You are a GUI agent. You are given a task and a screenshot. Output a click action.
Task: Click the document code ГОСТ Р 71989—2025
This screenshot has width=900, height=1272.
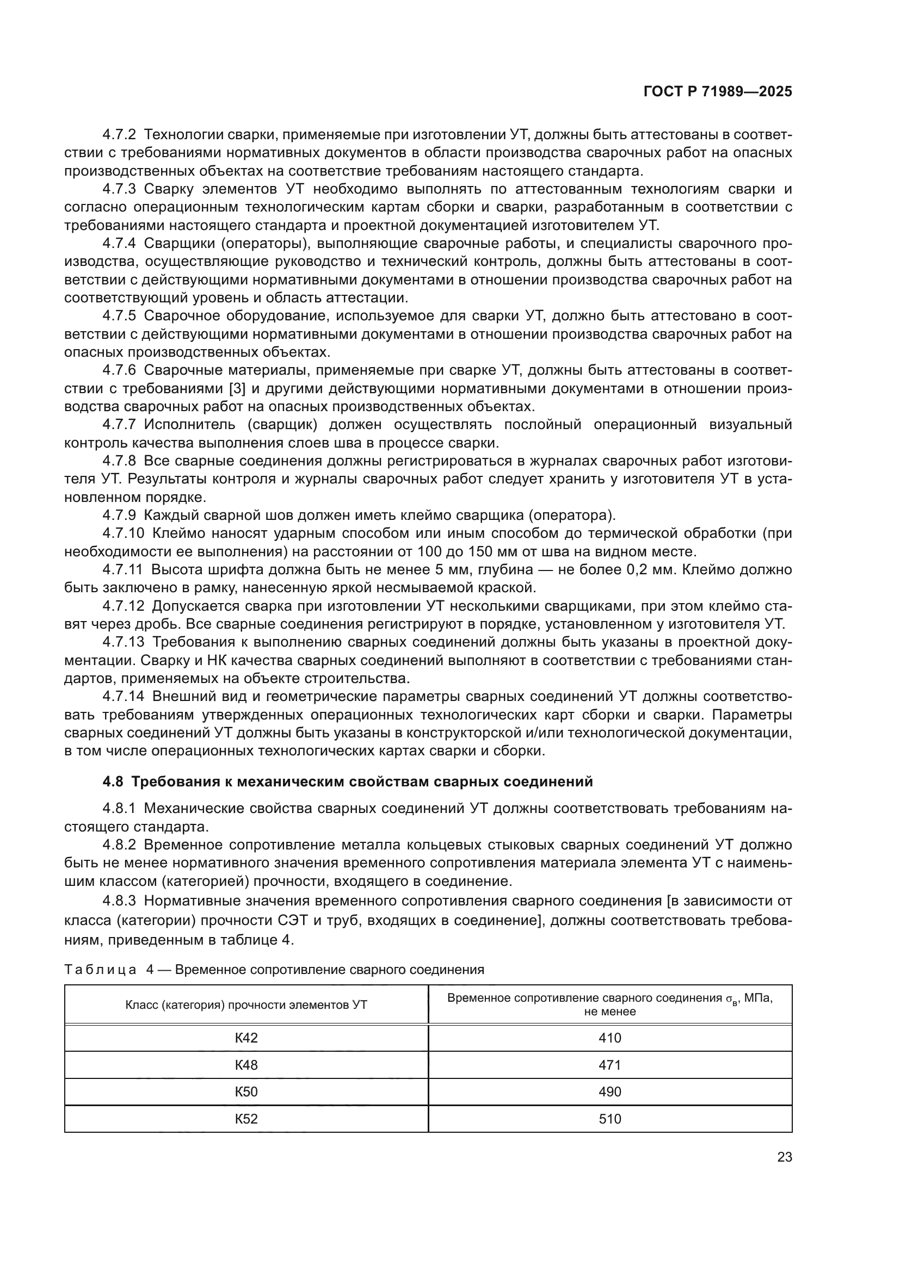[x=718, y=92]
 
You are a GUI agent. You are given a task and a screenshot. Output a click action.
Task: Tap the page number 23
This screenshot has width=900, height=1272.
[x=784, y=1157]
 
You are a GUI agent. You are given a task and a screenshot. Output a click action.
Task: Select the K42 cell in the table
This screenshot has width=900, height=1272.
[x=246, y=1038]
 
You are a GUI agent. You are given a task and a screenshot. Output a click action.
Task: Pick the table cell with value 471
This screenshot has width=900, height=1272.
[x=609, y=1065]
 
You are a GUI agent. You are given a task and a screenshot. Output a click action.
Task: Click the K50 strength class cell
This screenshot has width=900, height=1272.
[x=246, y=1091]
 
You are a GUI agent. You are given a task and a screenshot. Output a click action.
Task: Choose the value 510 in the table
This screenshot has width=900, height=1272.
[x=609, y=1119]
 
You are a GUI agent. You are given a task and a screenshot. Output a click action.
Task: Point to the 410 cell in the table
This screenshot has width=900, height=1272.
[x=609, y=1038]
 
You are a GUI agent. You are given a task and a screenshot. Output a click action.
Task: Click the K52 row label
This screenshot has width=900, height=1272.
[x=246, y=1119]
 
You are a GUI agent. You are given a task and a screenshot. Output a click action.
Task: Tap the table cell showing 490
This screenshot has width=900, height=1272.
[x=609, y=1091]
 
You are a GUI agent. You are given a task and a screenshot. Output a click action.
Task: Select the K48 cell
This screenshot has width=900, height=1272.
[x=246, y=1065]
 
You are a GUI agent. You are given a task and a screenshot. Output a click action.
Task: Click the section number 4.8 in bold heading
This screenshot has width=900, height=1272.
[x=113, y=781]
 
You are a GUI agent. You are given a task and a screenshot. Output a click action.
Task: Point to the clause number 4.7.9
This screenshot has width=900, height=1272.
[x=119, y=515]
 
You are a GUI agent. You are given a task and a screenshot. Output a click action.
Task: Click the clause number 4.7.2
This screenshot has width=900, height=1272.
[x=119, y=135]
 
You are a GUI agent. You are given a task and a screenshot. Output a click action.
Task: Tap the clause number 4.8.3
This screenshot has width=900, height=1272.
[x=119, y=900]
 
